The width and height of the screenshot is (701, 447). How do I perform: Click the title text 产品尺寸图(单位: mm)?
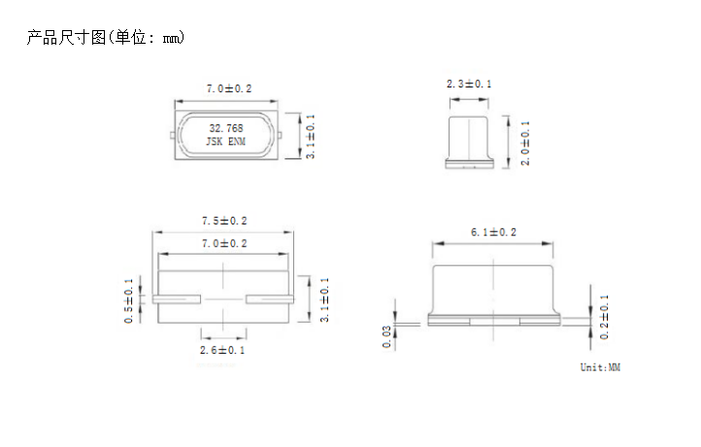(105, 38)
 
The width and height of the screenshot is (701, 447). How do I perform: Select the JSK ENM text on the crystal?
(226, 142)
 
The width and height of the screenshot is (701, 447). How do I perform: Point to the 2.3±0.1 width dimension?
(469, 85)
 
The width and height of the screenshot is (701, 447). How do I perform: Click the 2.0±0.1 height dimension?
(525, 143)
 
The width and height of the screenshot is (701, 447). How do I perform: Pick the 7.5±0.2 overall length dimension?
(224, 221)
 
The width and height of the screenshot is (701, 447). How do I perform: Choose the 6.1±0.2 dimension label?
(493, 232)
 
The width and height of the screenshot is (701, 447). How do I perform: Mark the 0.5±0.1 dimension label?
(128, 300)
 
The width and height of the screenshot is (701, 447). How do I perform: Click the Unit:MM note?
(599, 367)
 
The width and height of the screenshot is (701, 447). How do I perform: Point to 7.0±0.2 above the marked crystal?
(228, 88)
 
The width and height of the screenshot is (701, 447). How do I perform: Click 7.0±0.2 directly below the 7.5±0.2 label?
(224, 243)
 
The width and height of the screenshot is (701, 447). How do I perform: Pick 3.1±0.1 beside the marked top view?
(311, 136)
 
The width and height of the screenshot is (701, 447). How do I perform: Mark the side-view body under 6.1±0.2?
(493, 287)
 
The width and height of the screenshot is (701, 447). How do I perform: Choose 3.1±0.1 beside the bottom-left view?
(324, 299)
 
